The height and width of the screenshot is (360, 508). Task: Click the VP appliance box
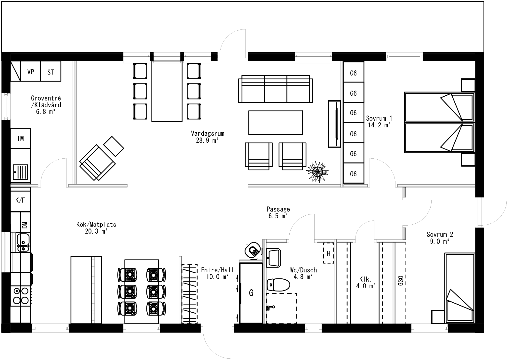[31, 72]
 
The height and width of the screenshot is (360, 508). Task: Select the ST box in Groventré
[51, 72]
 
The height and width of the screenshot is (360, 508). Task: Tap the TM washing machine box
[20, 138]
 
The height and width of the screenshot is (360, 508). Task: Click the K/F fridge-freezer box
[20, 201]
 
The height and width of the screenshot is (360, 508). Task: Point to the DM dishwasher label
[25, 225]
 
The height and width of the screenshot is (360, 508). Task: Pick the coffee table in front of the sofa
[276, 123]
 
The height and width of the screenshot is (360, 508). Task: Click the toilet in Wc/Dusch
[278, 284]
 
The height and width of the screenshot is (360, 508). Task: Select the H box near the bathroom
[328, 253]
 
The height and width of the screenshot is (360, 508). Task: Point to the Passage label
[278, 209]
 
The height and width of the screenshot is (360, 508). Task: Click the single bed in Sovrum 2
[459, 288]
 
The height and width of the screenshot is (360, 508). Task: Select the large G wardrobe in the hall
[251, 293]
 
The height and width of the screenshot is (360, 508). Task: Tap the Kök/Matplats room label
[96, 224]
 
